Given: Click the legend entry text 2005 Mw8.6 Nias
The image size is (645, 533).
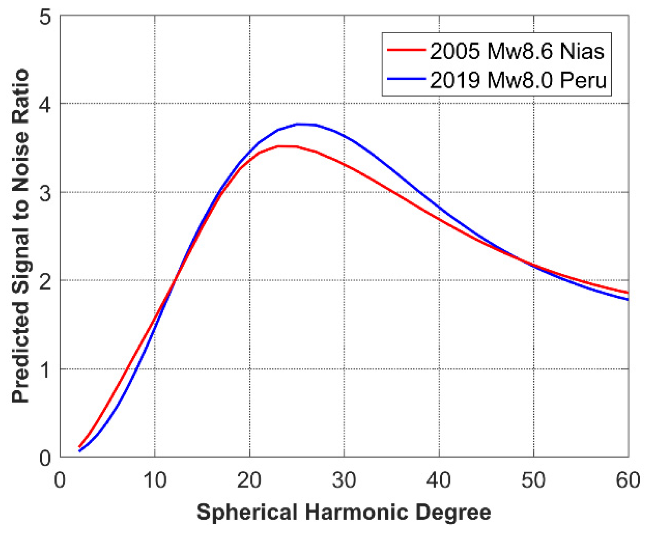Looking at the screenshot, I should coord(517,51).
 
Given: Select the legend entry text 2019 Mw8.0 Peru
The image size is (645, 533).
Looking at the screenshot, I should coord(518,80).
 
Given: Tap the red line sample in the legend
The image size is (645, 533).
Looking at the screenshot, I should coord(406,50).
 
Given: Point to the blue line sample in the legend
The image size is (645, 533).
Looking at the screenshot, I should coord(406,79).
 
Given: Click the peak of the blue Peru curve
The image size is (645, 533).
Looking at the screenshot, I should coord(302,124).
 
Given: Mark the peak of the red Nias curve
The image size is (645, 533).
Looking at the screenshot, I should coord(285,146).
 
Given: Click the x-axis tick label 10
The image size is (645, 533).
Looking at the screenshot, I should coord(155,479).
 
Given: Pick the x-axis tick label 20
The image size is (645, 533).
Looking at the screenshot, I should coord(249,479).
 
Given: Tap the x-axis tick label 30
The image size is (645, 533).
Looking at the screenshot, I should coord(344,479).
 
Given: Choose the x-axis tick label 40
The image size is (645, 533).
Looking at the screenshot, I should coord(439,479).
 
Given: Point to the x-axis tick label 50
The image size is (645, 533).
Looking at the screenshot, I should coord(533,479).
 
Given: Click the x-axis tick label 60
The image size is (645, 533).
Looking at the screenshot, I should coord(628,479).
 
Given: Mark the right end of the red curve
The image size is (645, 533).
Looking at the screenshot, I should coord(628,293).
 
